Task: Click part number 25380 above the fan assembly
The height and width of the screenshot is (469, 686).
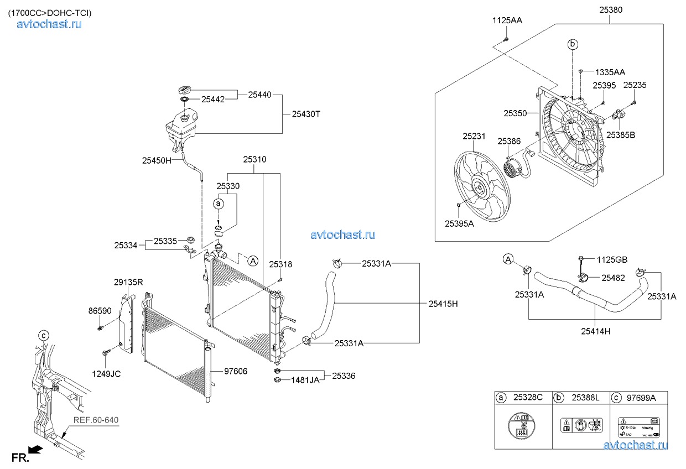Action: [610, 9]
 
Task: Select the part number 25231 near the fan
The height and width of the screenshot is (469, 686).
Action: [474, 136]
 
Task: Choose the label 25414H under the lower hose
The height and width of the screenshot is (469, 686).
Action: [595, 331]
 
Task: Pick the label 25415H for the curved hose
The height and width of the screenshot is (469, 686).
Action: [443, 304]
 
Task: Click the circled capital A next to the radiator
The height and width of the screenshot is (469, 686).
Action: [252, 260]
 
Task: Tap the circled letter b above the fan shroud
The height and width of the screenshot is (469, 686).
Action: [573, 44]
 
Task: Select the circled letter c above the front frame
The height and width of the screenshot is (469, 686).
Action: [43, 335]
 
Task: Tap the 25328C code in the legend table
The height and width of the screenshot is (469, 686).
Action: [528, 397]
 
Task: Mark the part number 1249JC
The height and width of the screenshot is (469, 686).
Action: [107, 374]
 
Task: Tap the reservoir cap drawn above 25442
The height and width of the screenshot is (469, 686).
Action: [185, 90]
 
